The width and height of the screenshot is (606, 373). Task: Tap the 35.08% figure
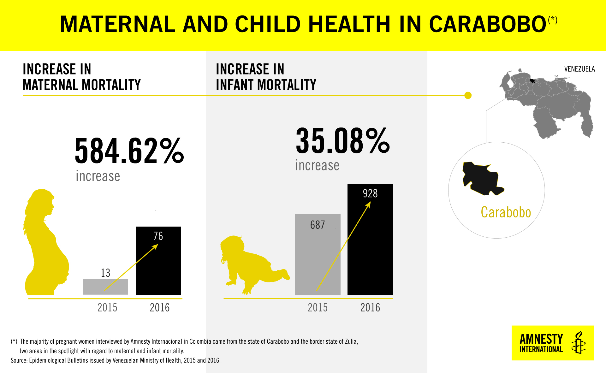point(343,141)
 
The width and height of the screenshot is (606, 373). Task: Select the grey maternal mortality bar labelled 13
point(105,287)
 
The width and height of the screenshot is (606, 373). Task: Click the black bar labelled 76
point(158,261)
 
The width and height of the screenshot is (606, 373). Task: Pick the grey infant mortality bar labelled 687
point(318,254)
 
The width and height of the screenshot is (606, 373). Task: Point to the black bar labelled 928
point(370,240)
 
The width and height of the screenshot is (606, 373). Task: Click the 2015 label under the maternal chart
point(107,308)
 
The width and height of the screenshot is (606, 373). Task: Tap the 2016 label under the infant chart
point(370,308)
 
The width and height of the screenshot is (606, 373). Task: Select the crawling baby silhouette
point(252,263)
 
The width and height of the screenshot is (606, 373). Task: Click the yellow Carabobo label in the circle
point(506,212)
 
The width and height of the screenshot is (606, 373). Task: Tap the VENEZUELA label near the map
point(579,69)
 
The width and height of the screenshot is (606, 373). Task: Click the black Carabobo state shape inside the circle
point(481,178)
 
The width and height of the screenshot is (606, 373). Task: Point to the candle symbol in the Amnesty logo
point(578,343)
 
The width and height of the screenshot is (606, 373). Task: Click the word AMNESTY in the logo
point(541,339)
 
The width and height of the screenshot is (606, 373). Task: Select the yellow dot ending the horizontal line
point(468,95)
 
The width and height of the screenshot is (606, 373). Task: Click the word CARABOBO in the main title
point(488,24)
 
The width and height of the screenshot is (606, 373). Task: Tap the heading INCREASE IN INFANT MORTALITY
point(266,77)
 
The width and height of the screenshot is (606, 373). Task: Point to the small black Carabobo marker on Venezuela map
point(532,81)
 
